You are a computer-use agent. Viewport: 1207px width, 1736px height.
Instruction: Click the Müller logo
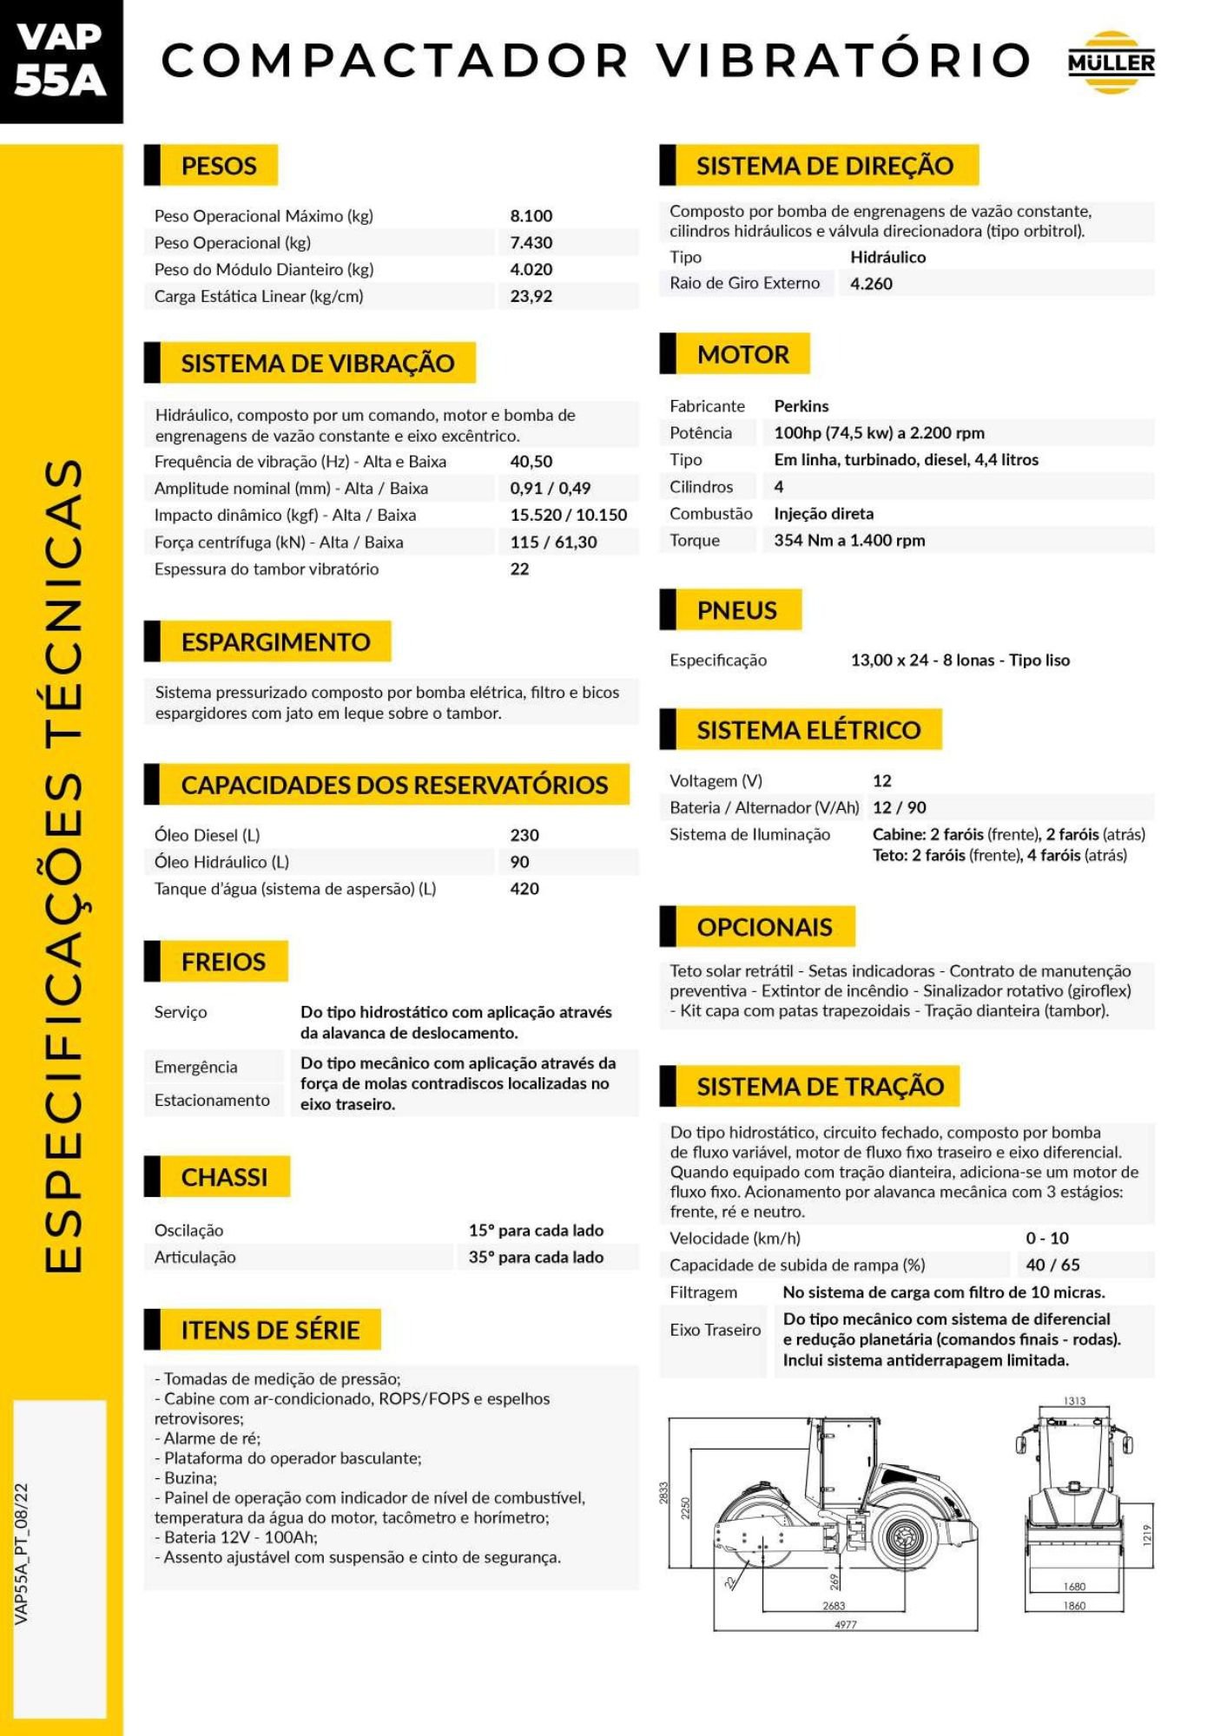coord(1111,62)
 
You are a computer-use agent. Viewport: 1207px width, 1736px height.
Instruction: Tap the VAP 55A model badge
coord(60,60)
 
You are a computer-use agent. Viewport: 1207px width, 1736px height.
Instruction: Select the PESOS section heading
coord(218,166)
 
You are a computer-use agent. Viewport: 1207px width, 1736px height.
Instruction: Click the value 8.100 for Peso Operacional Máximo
coord(531,216)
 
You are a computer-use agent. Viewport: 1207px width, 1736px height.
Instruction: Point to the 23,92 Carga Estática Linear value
coord(531,296)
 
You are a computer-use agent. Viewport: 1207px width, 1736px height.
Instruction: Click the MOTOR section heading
coord(742,354)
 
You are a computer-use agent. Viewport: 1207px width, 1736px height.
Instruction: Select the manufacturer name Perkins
coord(801,406)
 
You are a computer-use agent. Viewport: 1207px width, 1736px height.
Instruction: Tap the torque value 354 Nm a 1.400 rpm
coord(849,541)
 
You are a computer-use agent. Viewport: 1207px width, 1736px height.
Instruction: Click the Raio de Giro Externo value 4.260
coord(871,284)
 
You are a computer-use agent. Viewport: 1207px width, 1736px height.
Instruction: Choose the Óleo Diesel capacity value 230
coord(524,835)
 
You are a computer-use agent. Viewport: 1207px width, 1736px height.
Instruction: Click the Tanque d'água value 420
coord(524,889)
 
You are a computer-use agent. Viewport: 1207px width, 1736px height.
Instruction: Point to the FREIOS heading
coord(223,962)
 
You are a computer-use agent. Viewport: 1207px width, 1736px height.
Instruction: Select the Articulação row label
coord(195,1258)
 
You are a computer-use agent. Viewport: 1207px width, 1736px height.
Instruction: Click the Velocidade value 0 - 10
coord(1046,1239)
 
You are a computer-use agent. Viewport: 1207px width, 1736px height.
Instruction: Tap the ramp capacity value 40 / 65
coord(1052,1266)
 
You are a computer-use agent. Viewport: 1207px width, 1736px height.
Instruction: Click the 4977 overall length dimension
coord(845,1624)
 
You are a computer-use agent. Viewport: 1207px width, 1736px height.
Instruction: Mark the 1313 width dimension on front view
coord(1074,1401)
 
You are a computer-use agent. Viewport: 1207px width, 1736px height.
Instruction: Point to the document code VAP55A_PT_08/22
coord(23,1553)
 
